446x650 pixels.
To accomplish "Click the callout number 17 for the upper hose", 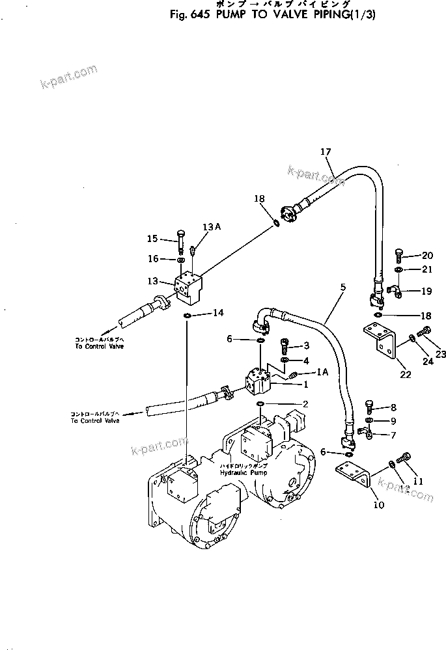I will tap(326, 152).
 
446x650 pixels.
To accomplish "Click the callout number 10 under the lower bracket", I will tap(378, 504).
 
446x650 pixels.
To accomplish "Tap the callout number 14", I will tap(218, 313).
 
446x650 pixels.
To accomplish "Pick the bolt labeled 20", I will tap(398, 256).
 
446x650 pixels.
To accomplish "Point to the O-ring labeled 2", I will tap(260, 404).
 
